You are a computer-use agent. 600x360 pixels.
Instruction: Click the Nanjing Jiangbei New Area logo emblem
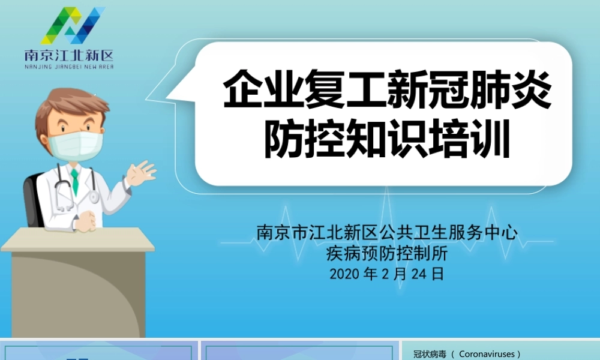73,26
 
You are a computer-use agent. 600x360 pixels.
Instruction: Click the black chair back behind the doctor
32,198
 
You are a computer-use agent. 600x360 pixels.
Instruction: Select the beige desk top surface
78,240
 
